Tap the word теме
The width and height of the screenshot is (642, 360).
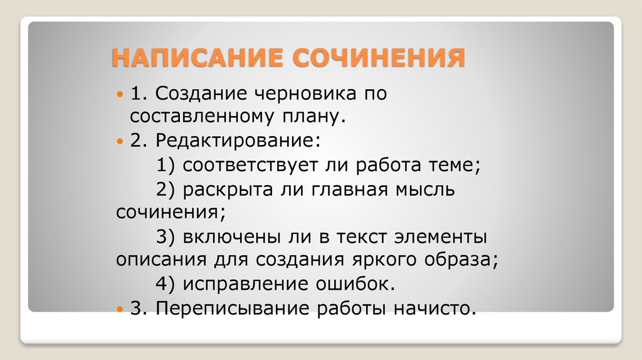click(454, 166)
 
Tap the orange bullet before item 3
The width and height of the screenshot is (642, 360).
click(122, 309)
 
